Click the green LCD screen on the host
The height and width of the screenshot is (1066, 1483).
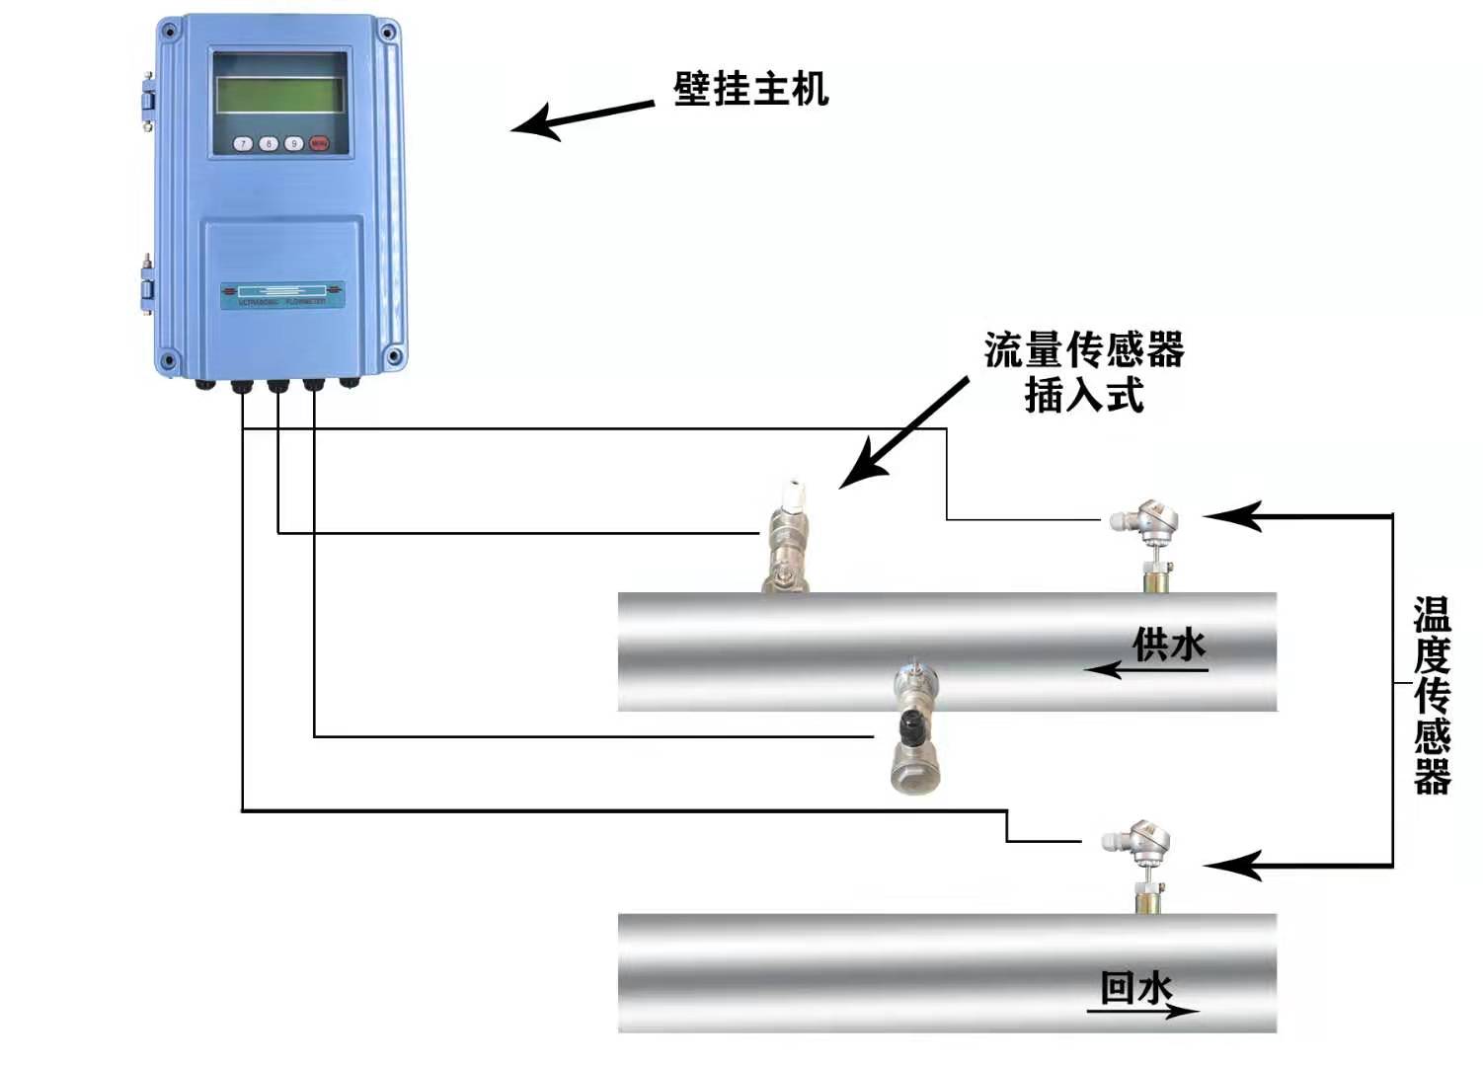coord(279,95)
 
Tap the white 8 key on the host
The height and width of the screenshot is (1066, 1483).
coord(269,144)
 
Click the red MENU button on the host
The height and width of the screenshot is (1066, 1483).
coord(319,144)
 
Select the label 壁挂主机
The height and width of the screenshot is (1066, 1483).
coord(750,89)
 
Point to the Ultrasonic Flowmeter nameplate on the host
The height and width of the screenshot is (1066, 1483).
coord(282,294)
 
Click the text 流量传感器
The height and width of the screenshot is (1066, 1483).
coord(1084,350)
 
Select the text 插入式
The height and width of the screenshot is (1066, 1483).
coord(1084,396)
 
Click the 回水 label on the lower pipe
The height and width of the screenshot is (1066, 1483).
coord(1136,987)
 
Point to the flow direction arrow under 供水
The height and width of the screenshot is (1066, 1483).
coord(1145,670)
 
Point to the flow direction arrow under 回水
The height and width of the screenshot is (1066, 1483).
coord(1143,1011)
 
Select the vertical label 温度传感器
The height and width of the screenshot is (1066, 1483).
coord(1432,696)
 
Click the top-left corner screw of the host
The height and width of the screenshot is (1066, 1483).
coord(169,32)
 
